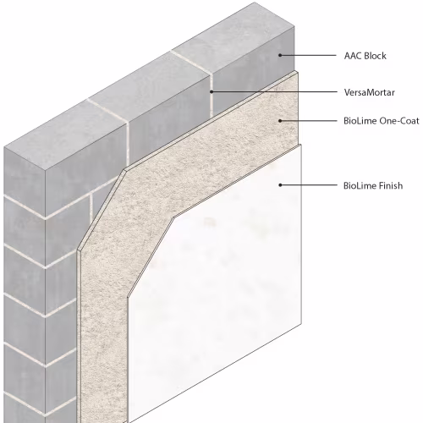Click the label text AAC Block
point(365,56)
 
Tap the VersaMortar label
point(370,92)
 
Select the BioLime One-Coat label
point(382,121)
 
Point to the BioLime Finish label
point(373,185)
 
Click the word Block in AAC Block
point(375,56)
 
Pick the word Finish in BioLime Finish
point(391,185)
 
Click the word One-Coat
point(399,121)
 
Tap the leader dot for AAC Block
point(280,55)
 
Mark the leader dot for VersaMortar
point(211,91)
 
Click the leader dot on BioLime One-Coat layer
point(280,121)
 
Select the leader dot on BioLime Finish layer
point(280,185)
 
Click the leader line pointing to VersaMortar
point(274,91)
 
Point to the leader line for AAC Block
point(308,55)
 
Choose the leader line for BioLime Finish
point(309,185)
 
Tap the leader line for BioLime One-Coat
point(309,121)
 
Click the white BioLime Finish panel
point(214,282)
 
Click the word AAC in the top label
point(353,56)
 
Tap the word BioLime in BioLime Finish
point(360,185)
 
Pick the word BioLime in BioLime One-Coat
point(360,121)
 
